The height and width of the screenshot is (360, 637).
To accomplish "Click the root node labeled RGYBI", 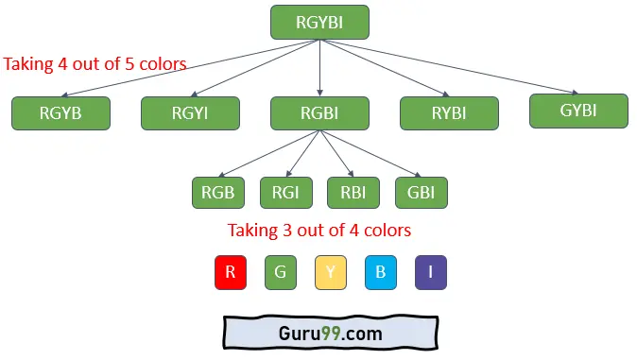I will [x=319, y=22].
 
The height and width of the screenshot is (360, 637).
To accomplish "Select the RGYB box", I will [x=60, y=113].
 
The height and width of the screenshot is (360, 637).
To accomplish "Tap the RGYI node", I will [x=190, y=113].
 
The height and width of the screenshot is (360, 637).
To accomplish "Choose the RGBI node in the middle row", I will [x=319, y=113].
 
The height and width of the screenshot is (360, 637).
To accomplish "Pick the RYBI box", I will [x=449, y=113].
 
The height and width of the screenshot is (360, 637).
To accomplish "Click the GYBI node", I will [x=578, y=111].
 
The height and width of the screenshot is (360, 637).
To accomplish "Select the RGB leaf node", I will [x=217, y=192].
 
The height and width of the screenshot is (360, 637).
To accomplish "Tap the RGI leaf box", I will [x=285, y=192].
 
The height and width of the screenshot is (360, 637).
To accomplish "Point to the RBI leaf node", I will [x=353, y=192].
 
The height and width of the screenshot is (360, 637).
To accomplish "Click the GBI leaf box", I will [x=421, y=192].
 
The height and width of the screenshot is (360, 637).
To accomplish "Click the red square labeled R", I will [x=230, y=272].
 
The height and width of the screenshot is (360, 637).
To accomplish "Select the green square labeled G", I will [x=281, y=272].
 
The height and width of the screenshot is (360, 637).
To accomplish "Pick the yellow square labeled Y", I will [x=331, y=272].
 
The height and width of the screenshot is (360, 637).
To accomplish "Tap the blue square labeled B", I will [x=381, y=272].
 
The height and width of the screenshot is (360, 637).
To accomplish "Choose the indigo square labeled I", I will [x=431, y=272].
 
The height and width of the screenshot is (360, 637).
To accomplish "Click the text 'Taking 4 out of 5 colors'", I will [x=95, y=64].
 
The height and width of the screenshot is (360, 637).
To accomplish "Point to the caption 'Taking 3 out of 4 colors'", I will [x=319, y=230].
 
